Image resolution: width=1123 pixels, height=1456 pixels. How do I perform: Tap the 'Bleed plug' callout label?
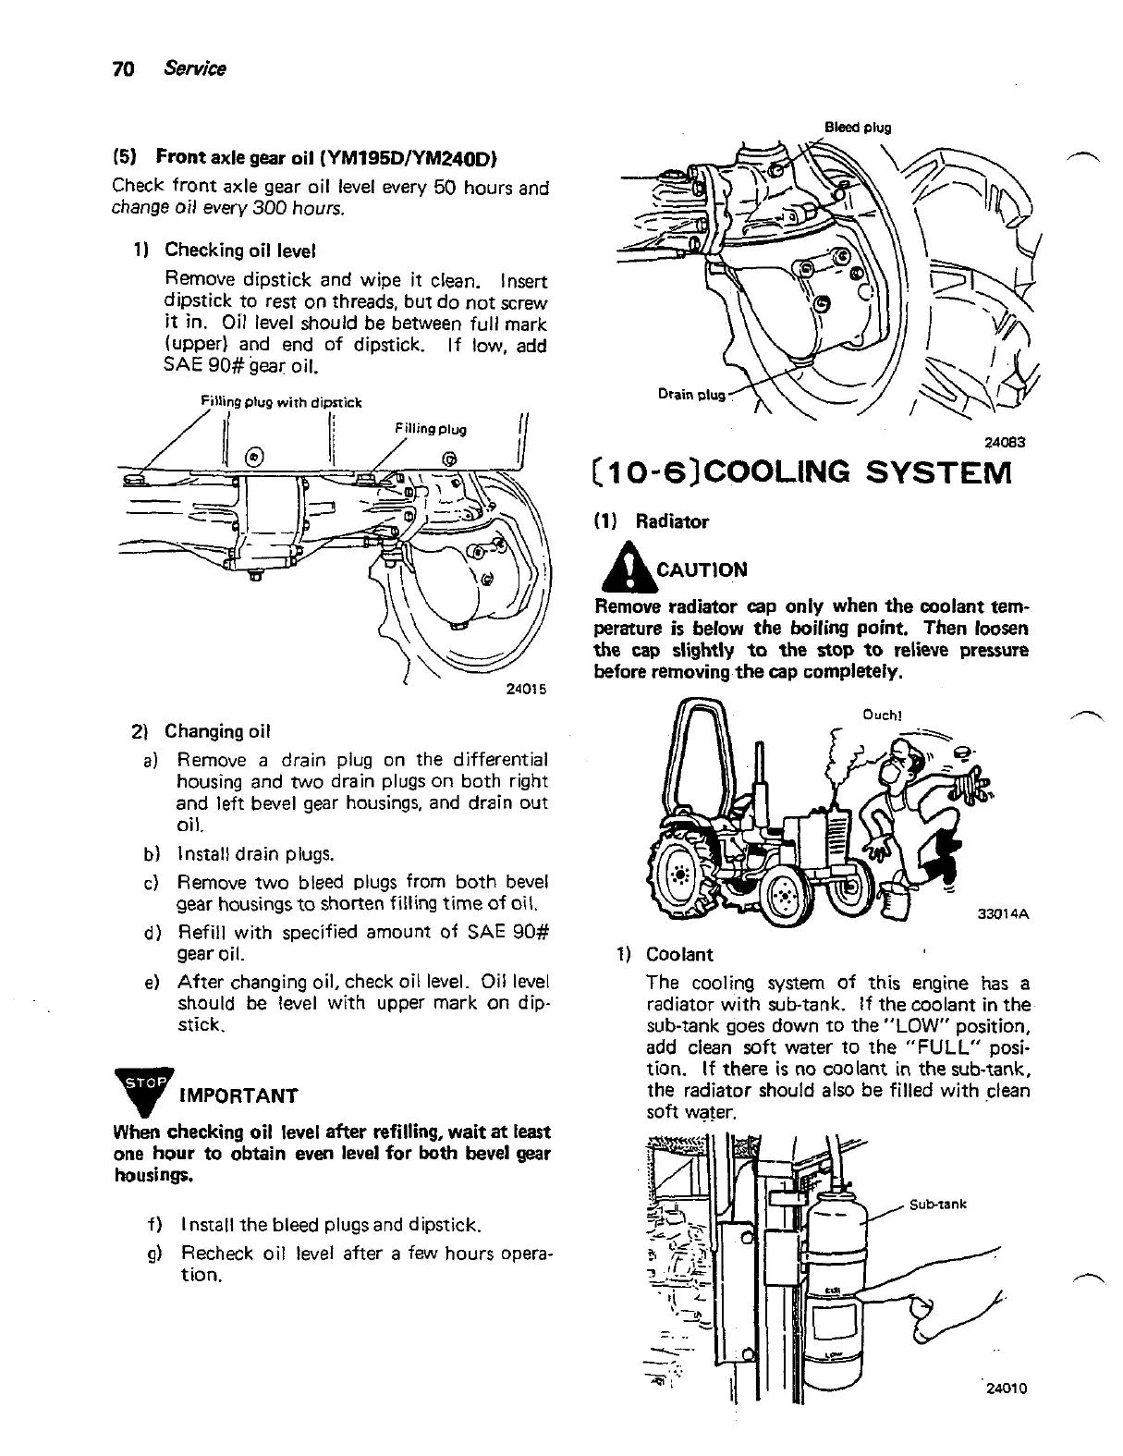tap(858, 128)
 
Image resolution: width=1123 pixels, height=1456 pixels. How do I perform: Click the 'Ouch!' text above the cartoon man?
tap(882, 714)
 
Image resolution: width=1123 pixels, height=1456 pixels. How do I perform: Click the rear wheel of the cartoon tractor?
tap(683, 873)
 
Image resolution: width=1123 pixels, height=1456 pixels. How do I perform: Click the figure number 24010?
tap(1006, 1389)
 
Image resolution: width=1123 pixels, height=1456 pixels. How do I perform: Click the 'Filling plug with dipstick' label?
tap(281, 402)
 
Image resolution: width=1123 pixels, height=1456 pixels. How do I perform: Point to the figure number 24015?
tap(528, 688)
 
